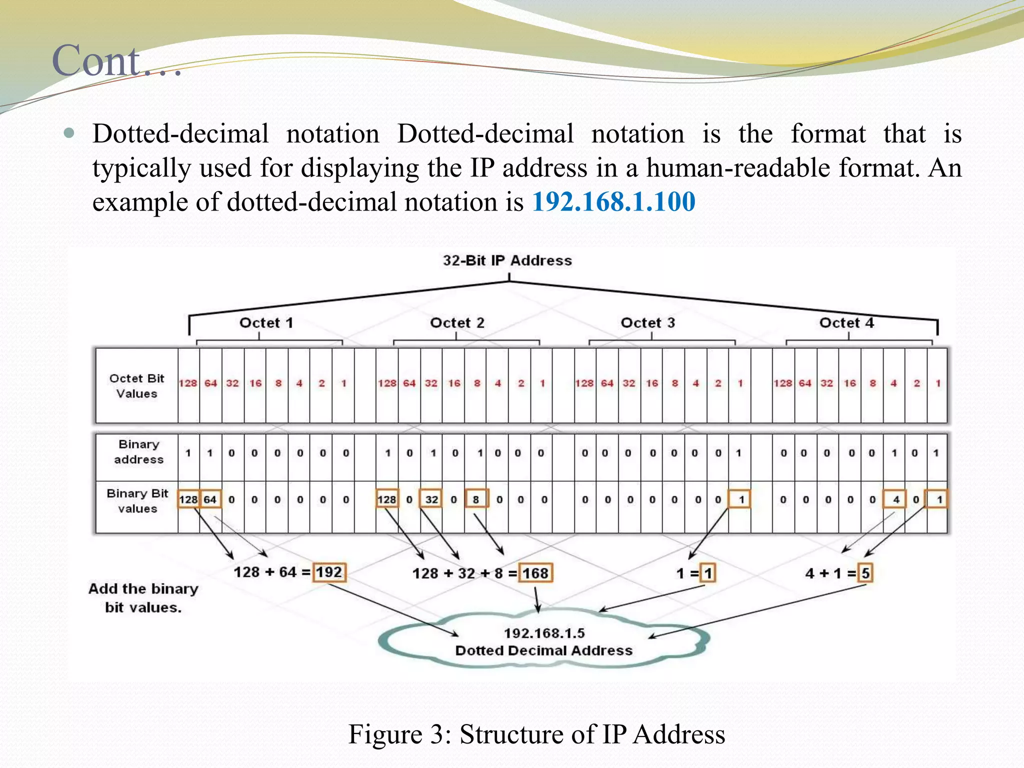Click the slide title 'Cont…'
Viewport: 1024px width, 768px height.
pyautogui.click(x=116, y=61)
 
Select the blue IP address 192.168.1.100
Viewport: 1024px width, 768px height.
pyautogui.click(x=613, y=202)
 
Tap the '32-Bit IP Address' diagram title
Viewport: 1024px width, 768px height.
pyautogui.click(x=507, y=260)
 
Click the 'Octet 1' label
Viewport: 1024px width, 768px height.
pyautogui.click(x=266, y=323)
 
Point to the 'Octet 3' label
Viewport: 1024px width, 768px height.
pyautogui.click(x=647, y=323)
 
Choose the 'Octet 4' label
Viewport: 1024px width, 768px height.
pyautogui.click(x=846, y=323)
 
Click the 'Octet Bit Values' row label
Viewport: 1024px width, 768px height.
pyautogui.click(x=136, y=385)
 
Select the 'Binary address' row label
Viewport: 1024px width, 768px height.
pyautogui.click(x=138, y=451)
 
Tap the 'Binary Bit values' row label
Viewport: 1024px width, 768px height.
pyautogui.click(x=137, y=500)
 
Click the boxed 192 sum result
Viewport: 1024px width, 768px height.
pyautogui.click(x=329, y=572)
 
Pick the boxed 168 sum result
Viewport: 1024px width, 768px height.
pyautogui.click(x=535, y=573)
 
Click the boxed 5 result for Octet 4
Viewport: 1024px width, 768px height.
pyautogui.click(x=865, y=573)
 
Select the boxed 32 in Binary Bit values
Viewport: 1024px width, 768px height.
pyautogui.click(x=431, y=499)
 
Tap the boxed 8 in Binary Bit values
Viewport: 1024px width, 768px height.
pyautogui.click(x=476, y=499)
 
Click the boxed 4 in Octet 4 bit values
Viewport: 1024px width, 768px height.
pyautogui.click(x=895, y=499)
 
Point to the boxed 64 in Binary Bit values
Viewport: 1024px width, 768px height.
pyautogui.click(x=210, y=499)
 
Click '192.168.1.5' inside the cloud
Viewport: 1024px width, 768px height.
pyautogui.click(x=544, y=633)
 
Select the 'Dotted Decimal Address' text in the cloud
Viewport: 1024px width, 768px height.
pyautogui.click(x=544, y=650)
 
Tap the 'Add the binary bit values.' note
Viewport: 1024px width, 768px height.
pyautogui.click(x=143, y=598)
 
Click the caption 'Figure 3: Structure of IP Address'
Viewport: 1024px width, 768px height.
pyautogui.click(x=536, y=734)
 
